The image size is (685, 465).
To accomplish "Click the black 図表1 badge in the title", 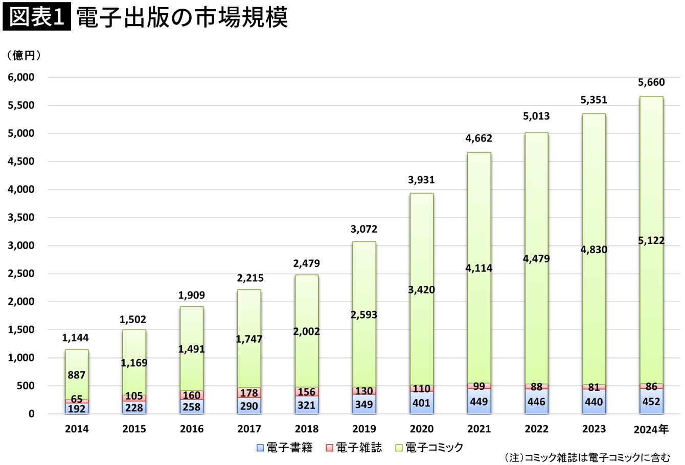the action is tap(37, 16).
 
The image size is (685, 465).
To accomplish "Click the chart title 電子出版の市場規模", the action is tap(182, 17).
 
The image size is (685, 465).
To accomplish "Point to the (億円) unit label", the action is tap(24, 55).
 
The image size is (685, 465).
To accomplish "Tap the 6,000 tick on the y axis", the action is tap(21, 77).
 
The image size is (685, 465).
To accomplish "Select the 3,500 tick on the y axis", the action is tap(21, 217).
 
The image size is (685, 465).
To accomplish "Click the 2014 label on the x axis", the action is tap(77, 429).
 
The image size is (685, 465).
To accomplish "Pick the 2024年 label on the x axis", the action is tap(651, 429).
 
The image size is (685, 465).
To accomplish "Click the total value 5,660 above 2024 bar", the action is tap(651, 83).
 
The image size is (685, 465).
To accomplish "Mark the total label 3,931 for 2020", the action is tap(421, 180).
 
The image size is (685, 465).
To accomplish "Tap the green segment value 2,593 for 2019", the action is tap(364, 314).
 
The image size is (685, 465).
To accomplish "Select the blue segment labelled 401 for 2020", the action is tap(421, 403).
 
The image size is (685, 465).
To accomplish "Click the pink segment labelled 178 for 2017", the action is tap(249, 393).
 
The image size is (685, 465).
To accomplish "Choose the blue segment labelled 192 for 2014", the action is tap(77, 408).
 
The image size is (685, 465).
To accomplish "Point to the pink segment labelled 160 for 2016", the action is tap(192, 395).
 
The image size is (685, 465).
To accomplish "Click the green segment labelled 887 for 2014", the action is tap(77, 374).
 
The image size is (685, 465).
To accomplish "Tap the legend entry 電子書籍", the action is tap(285, 448).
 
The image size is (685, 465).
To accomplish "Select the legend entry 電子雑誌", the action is tap(354, 448).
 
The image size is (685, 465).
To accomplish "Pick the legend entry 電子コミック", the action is tap(429, 448).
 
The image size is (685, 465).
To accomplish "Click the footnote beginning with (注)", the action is tap(587, 457).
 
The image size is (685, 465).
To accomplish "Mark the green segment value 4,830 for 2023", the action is tap(594, 250).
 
